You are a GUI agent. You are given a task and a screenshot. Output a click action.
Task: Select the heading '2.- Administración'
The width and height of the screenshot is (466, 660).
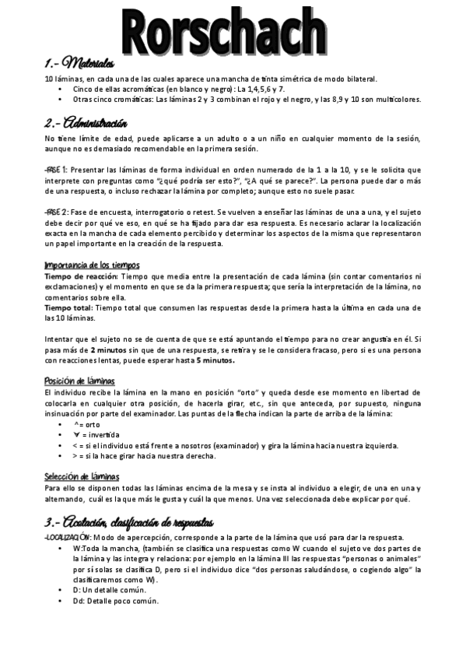86,124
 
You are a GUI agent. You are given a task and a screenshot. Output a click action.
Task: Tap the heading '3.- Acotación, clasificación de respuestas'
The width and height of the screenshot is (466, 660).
129,521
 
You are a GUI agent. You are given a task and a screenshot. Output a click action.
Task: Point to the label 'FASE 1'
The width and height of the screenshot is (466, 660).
56,170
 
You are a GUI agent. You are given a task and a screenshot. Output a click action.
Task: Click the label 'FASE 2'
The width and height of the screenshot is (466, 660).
56,212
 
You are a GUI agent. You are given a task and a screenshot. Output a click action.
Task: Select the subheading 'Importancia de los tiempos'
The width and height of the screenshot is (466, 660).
93,265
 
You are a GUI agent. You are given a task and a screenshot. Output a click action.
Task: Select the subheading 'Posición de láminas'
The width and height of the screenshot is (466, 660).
80,381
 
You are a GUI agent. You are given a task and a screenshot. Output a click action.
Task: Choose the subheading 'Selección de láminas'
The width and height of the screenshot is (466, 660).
82,476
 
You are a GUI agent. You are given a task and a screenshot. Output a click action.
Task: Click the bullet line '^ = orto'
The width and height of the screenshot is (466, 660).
88,425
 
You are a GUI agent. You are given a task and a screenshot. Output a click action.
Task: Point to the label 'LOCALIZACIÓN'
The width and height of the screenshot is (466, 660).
67,538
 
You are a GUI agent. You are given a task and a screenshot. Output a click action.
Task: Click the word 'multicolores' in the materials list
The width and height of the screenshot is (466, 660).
394,100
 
